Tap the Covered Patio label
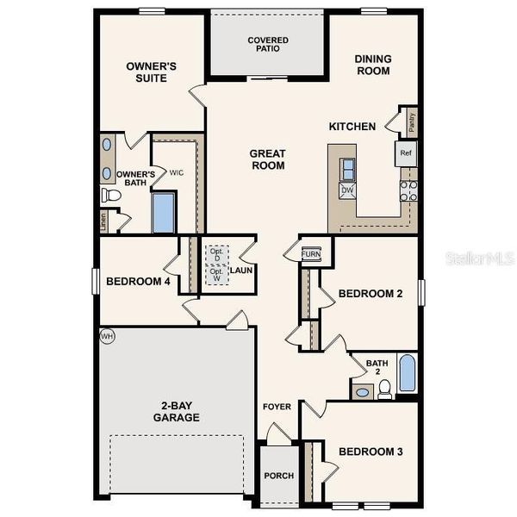pos(268,45)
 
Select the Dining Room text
pos(373,65)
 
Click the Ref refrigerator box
pos(406,153)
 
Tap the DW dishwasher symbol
pos(347,190)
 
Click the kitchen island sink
pos(348,167)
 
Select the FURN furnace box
pos(311,254)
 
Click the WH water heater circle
pos(107,335)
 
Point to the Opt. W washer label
pos(215,275)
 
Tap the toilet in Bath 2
pos(385,389)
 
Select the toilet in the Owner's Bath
pos(110,196)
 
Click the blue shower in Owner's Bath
pos(164,213)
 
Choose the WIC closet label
pos(176,172)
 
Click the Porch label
pos(278,476)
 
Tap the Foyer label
pos(277,406)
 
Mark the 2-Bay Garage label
pos(178,411)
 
